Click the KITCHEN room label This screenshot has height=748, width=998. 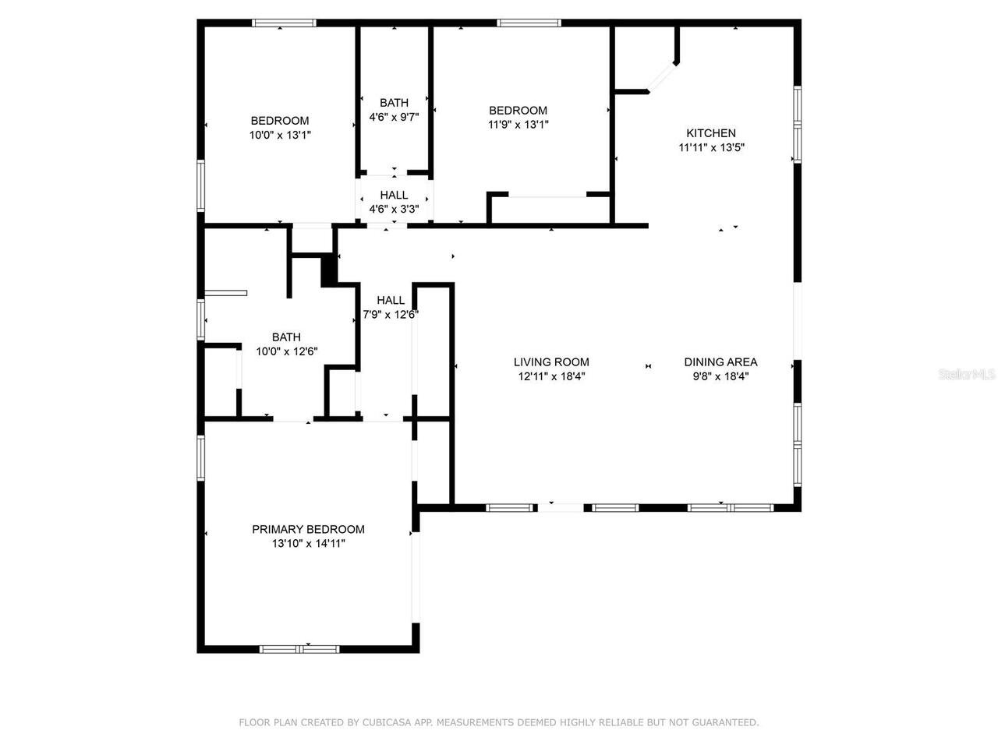coord(710,133)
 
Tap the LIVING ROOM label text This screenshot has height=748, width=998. coord(551,362)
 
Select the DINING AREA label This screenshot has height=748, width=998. coord(720,362)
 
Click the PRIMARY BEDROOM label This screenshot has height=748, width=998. coord(308,529)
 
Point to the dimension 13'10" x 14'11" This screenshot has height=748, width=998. coord(308,544)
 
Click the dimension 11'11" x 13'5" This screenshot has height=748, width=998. coord(711,147)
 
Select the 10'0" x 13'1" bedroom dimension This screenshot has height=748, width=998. coord(280,135)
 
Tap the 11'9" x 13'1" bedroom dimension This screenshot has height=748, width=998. coord(518,125)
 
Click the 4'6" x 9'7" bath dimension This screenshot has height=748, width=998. coord(394,117)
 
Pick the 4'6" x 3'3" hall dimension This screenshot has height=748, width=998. coord(394,209)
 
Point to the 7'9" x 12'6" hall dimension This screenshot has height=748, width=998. coord(391,315)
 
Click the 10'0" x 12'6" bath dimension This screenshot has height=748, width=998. coord(286,351)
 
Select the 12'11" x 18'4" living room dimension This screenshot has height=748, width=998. coord(551,376)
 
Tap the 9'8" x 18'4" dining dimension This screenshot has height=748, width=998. coord(720,376)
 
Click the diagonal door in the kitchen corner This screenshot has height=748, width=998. coord(663,76)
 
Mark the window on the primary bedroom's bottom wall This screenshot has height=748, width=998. coord(299,648)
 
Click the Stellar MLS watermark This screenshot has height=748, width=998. coord(967,375)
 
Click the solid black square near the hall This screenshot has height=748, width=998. coord(330,270)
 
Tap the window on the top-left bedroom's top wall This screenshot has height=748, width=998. coord(284,23)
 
